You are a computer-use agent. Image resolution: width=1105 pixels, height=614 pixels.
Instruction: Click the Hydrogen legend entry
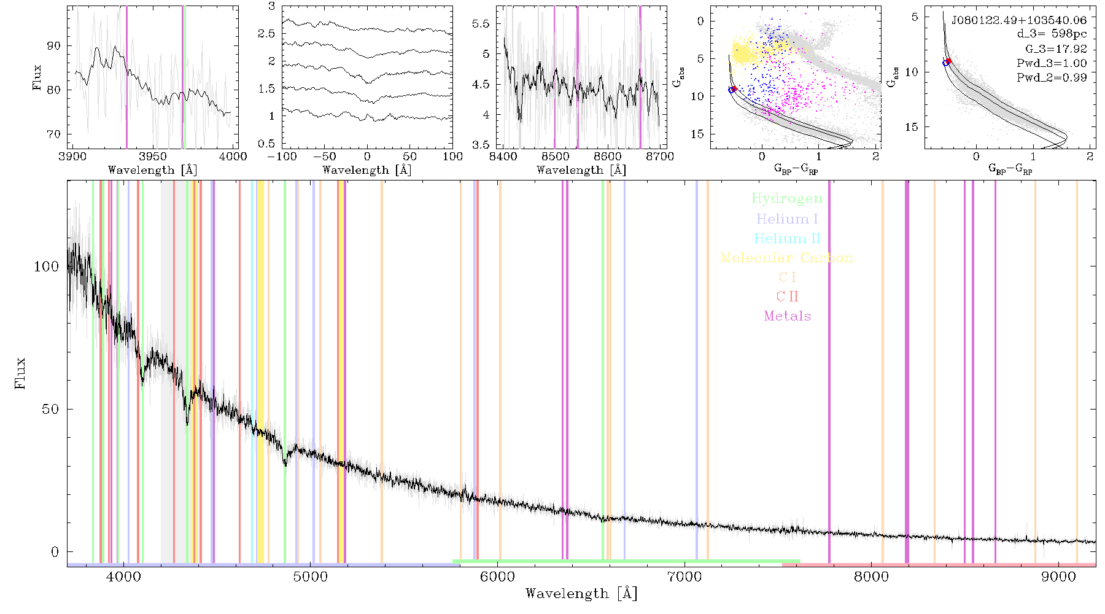point(786,198)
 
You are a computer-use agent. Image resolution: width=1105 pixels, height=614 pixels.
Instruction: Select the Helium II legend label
point(787,238)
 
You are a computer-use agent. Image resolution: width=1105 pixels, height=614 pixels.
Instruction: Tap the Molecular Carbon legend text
point(787,258)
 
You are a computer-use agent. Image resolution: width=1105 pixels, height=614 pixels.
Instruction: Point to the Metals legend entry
point(788,316)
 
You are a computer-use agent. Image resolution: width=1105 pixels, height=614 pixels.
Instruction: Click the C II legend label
point(788,297)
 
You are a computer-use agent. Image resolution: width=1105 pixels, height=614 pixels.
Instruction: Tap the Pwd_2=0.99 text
point(1052,78)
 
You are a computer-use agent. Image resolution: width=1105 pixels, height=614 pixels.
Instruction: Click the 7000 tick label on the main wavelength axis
point(684,577)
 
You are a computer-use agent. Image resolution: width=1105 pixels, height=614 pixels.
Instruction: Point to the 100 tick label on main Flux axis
point(47,266)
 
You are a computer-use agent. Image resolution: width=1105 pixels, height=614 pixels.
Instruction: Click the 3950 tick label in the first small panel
point(153,157)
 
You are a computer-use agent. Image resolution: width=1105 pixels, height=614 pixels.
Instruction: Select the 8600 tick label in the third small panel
point(608,157)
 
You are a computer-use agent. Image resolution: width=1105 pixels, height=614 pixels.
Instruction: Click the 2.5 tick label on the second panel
point(266,34)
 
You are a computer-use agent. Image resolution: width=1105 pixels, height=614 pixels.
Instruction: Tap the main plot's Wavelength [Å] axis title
point(581,594)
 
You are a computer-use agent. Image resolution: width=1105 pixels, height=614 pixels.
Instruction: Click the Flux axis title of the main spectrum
point(20,373)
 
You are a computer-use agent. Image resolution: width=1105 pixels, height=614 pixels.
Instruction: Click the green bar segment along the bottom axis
point(626,561)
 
